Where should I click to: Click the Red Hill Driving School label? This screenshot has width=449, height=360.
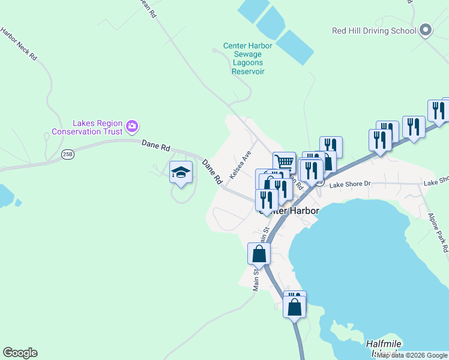[374, 31]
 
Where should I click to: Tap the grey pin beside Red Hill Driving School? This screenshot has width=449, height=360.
[426, 29]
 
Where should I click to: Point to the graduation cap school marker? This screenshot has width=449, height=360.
[181, 173]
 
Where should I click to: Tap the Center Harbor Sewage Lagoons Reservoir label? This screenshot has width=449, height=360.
[248, 58]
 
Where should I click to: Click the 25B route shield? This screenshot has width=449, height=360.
[67, 154]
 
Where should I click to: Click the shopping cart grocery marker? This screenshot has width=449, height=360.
[285, 162]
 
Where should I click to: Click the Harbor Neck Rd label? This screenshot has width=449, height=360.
[19, 44]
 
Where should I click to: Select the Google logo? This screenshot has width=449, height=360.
[20, 353]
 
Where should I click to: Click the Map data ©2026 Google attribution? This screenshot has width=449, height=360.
[412, 355]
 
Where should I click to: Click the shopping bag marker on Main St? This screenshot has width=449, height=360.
[259, 254]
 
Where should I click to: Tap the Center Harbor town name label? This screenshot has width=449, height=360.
[289, 211]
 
